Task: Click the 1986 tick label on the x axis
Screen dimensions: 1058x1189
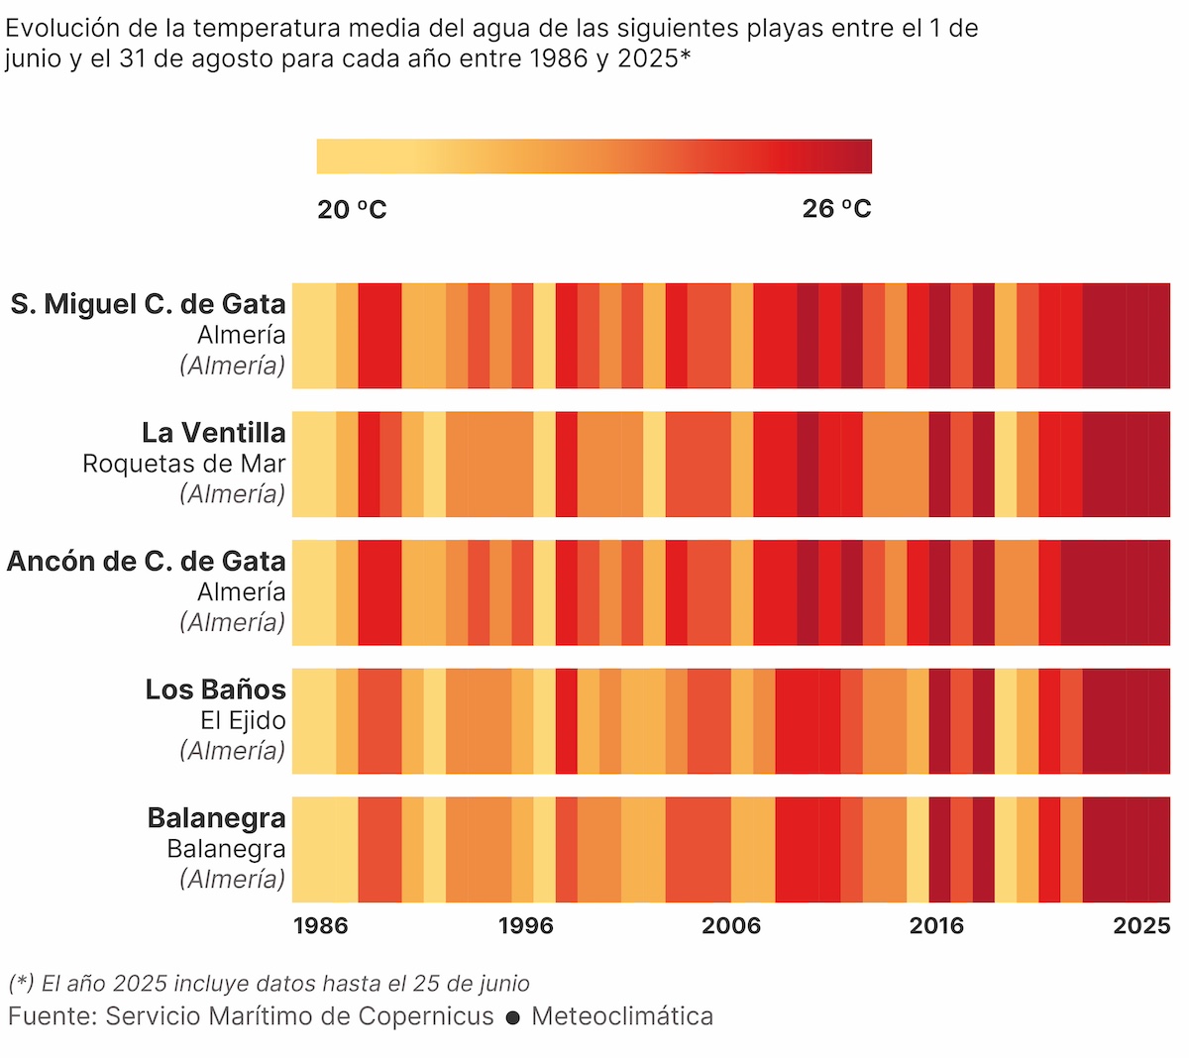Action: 321,925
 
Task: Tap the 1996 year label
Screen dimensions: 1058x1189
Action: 526,925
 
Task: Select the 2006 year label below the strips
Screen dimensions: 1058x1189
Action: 731,925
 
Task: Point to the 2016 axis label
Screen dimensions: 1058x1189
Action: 936,925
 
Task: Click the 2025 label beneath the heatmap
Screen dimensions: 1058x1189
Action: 1141,925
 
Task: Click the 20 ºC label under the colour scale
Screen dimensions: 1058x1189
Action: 352,209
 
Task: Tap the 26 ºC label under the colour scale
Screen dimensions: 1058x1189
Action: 836,209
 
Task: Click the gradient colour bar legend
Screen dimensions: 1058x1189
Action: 594,157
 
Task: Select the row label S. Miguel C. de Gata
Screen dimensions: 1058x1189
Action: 149,304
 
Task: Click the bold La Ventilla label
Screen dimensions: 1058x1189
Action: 214,433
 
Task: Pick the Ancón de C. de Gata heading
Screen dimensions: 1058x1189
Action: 147,561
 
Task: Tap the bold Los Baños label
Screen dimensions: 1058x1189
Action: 215,689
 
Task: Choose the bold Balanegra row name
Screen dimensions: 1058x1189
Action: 216,818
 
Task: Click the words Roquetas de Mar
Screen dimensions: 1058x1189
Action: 184,464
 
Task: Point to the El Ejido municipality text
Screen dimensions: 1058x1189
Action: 243,720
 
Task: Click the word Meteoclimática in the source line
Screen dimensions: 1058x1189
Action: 622,1016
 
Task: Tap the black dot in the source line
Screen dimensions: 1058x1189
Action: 512,1017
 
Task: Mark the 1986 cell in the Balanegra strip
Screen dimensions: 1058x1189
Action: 303,849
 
